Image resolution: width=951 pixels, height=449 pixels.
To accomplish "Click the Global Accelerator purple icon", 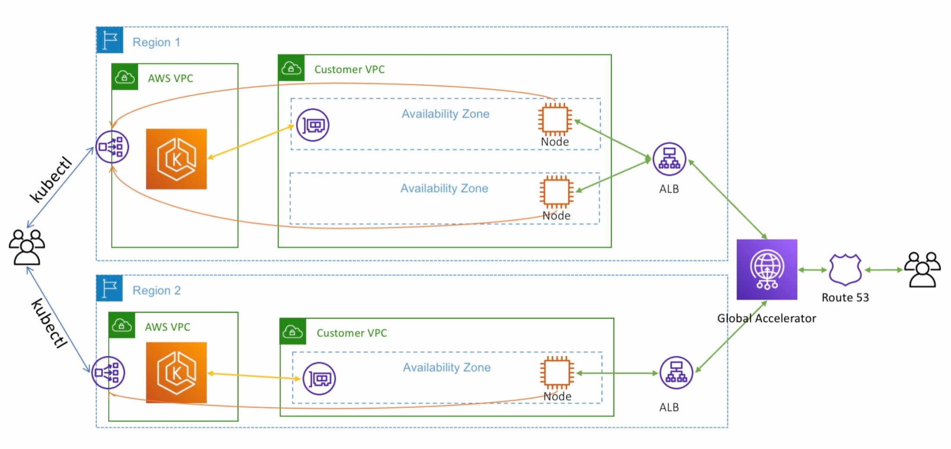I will point(766,269).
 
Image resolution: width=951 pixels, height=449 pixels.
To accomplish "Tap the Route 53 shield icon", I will point(845,270).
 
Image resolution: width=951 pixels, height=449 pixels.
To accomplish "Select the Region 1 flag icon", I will point(109,40).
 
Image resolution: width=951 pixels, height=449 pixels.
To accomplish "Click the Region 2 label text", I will point(156,290).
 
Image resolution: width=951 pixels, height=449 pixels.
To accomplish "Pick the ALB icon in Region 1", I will point(669,159).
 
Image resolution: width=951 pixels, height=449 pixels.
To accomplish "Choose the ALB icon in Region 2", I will point(676,373).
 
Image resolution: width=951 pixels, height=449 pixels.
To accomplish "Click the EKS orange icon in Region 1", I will point(176,159).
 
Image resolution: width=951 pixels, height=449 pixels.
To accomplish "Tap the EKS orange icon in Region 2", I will point(176,373).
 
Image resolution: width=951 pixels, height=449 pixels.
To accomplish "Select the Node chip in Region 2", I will point(557,373).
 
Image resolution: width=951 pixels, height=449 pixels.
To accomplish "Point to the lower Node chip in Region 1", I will point(556,191).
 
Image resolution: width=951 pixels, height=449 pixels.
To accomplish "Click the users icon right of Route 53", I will point(922,270).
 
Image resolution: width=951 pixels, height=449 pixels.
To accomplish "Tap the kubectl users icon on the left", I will point(27,247).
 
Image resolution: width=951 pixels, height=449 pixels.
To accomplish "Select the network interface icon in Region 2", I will point(319,379).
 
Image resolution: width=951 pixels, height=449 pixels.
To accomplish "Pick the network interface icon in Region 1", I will point(313,125).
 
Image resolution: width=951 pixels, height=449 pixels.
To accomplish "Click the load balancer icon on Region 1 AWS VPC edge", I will point(112,147).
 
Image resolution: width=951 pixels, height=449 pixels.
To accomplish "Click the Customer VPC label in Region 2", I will point(351,333).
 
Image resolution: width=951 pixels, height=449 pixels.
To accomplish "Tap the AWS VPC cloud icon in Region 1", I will point(125,77).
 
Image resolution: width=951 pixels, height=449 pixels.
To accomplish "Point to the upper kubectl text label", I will point(51,179).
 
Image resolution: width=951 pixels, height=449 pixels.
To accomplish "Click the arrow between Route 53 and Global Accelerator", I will point(812,270).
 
